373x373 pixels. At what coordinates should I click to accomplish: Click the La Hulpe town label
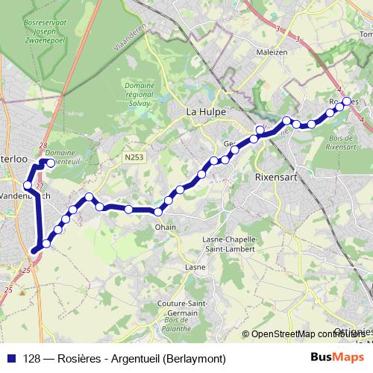(x=205, y=113)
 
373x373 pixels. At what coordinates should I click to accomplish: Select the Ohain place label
(x=165, y=226)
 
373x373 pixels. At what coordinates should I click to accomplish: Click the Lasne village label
(x=195, y=267)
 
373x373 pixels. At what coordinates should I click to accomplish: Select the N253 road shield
(x=134, y=157)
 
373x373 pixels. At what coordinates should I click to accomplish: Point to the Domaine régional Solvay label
(x=139, y=96)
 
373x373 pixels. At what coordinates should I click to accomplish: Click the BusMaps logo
(x=332, y=357)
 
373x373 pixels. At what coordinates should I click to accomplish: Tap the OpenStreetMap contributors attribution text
(x=307, y=334)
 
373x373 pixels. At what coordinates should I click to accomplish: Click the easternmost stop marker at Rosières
(x=347, y=101)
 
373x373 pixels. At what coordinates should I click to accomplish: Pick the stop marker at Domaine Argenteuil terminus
(x=51, y=162)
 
